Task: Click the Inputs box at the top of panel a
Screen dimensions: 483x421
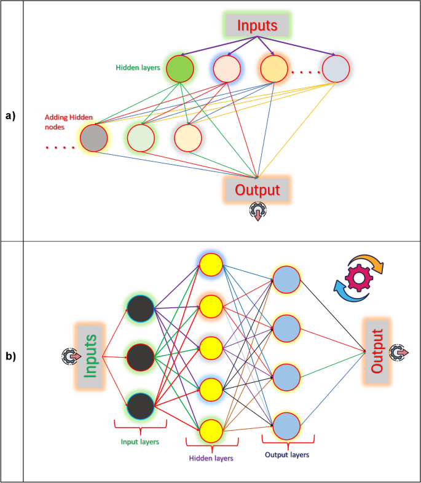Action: pyautogui.click(x=258, y=26)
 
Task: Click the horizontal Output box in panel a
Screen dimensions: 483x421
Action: pyautogui.click(x=257, y=189)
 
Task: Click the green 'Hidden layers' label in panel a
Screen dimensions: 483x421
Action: pyautogui.click(x=138, y=68)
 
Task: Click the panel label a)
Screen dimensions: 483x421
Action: pyautogui.click(x=12, y=115)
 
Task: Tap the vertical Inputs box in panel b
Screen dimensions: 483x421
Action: pyautogui.click(x=89, y=355)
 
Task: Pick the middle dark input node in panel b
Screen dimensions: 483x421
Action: pyautogui.click(x=140, y=355)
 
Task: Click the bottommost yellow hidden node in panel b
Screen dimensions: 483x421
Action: pyautogui.click(x=210, y=430)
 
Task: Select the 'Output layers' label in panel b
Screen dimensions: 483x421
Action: pyautogui.click(x=287, y=455)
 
